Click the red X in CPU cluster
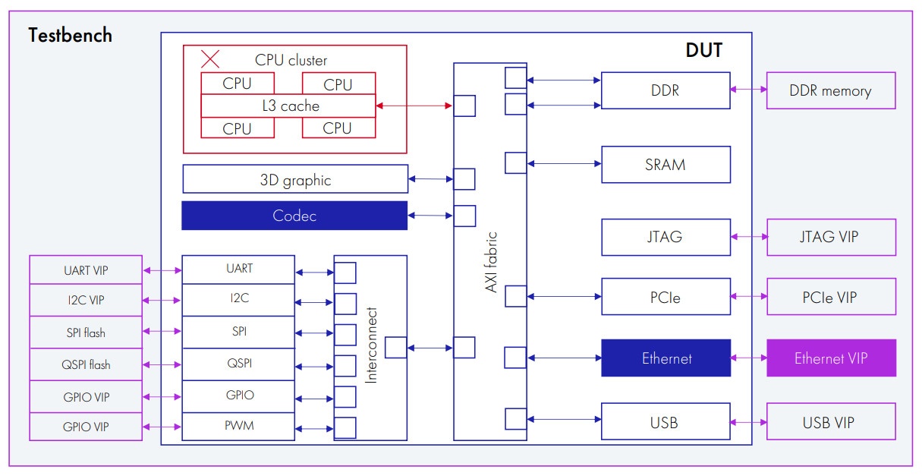[x=210, y=58]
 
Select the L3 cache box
[x=288, y=106]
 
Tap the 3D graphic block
[x=295, y=179]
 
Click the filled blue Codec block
[x=294, y=216]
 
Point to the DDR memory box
[x=831, y=91]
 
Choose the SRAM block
[x=666, y=165]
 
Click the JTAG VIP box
[x=831, y=237]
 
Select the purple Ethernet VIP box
[x=831, y=358]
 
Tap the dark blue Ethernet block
[x=666, y=358]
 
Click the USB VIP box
[x=831, y=422]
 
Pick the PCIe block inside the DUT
[x=666, y=297]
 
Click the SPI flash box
[x=86, y=333]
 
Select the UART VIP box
[x=86, y=270]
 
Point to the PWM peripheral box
[x=238, y=426]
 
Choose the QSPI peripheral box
[x=238, y=364]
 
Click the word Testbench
[x=70, y=35]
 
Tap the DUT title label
[x=703, y=51]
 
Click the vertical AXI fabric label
[x=491, y=262]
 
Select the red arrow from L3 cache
[x=414, y=106]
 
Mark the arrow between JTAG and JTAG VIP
[x=749, y=237]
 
